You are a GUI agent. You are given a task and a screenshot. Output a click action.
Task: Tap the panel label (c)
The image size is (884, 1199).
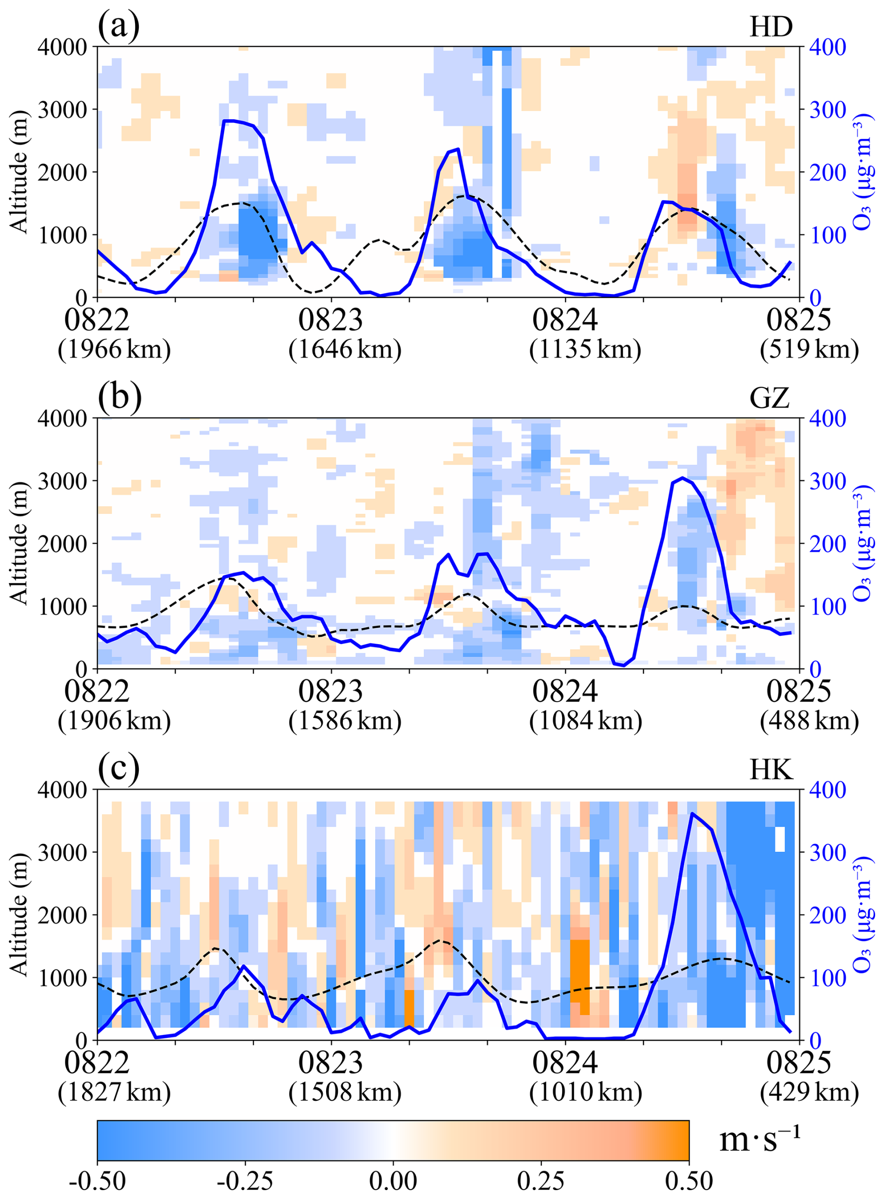119,768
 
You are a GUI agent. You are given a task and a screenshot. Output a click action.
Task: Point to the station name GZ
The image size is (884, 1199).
770,399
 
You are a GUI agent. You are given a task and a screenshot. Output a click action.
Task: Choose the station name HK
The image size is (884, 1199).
770,770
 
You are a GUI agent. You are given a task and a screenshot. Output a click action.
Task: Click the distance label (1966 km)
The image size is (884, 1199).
114,350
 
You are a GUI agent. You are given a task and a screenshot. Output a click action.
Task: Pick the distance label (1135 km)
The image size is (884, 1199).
585,350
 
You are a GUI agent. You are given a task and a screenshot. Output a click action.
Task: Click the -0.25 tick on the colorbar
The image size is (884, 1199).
245,1180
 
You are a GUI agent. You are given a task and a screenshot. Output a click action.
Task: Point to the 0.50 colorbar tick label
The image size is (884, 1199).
689,1180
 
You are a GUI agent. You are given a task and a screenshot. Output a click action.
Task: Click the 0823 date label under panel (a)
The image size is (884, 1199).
331,320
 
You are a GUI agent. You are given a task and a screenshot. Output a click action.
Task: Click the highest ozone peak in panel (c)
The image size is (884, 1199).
692,814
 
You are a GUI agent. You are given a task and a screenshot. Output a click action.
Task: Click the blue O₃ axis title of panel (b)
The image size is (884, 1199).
864,543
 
